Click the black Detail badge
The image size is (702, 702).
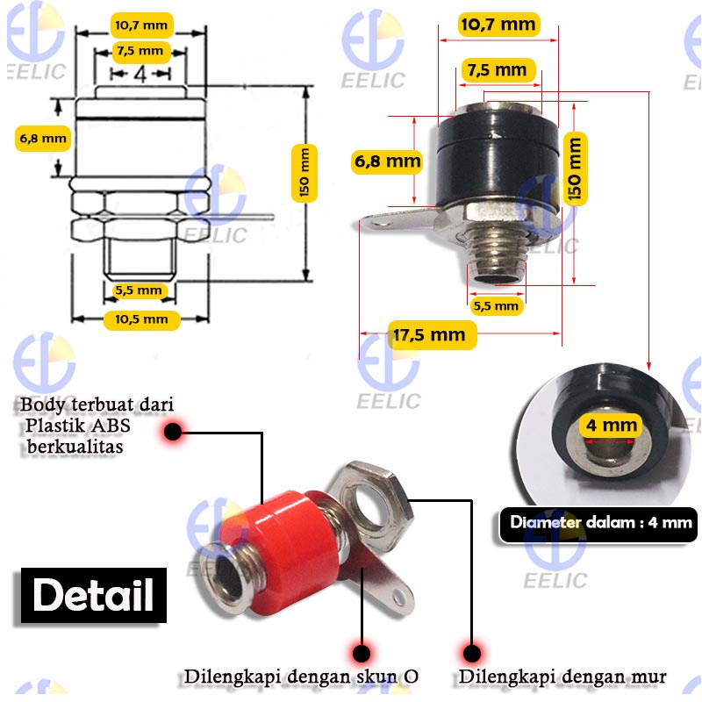pyautogui.click(x=94, y=595)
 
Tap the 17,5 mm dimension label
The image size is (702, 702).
pyautogui.click(x=432, y=335)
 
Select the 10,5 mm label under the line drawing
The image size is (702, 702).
pyautogui.click(x=141, y=319)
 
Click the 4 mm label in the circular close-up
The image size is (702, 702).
pyautogui.click(x=611, y=425)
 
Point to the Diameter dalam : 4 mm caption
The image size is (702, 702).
pyautogui.click(x=598, y=523)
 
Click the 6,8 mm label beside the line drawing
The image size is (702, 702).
pyautogui.click(x=43, y=139)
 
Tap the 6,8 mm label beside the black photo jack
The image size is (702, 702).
pyautogui.click(x=387, y=161)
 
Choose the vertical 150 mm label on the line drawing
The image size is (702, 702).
pyautogui.click(x=304, y=173)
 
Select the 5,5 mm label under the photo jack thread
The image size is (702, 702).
pyautogui.click(x=496, y=305)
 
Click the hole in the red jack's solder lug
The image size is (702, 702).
pyautogui.click(x=398, y=596)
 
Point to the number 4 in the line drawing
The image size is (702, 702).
pyautogui.click(x=140, y=74)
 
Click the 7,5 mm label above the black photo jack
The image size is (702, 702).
pyautogui.click(x=497, y=70)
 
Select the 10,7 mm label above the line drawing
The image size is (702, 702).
pyautogui.click(x=141, y=25)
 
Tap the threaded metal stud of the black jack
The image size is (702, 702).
pyautogui.click(x=496, y=251)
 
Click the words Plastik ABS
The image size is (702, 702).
pyautogui.click(x=78, y=426)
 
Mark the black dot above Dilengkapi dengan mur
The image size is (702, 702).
pyautogui.click(x=471, y=653)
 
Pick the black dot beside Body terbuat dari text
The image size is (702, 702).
pyautogui.click(x=173, y=432)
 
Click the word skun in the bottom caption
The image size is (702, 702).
pyautogui.click(x=377, y=677)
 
